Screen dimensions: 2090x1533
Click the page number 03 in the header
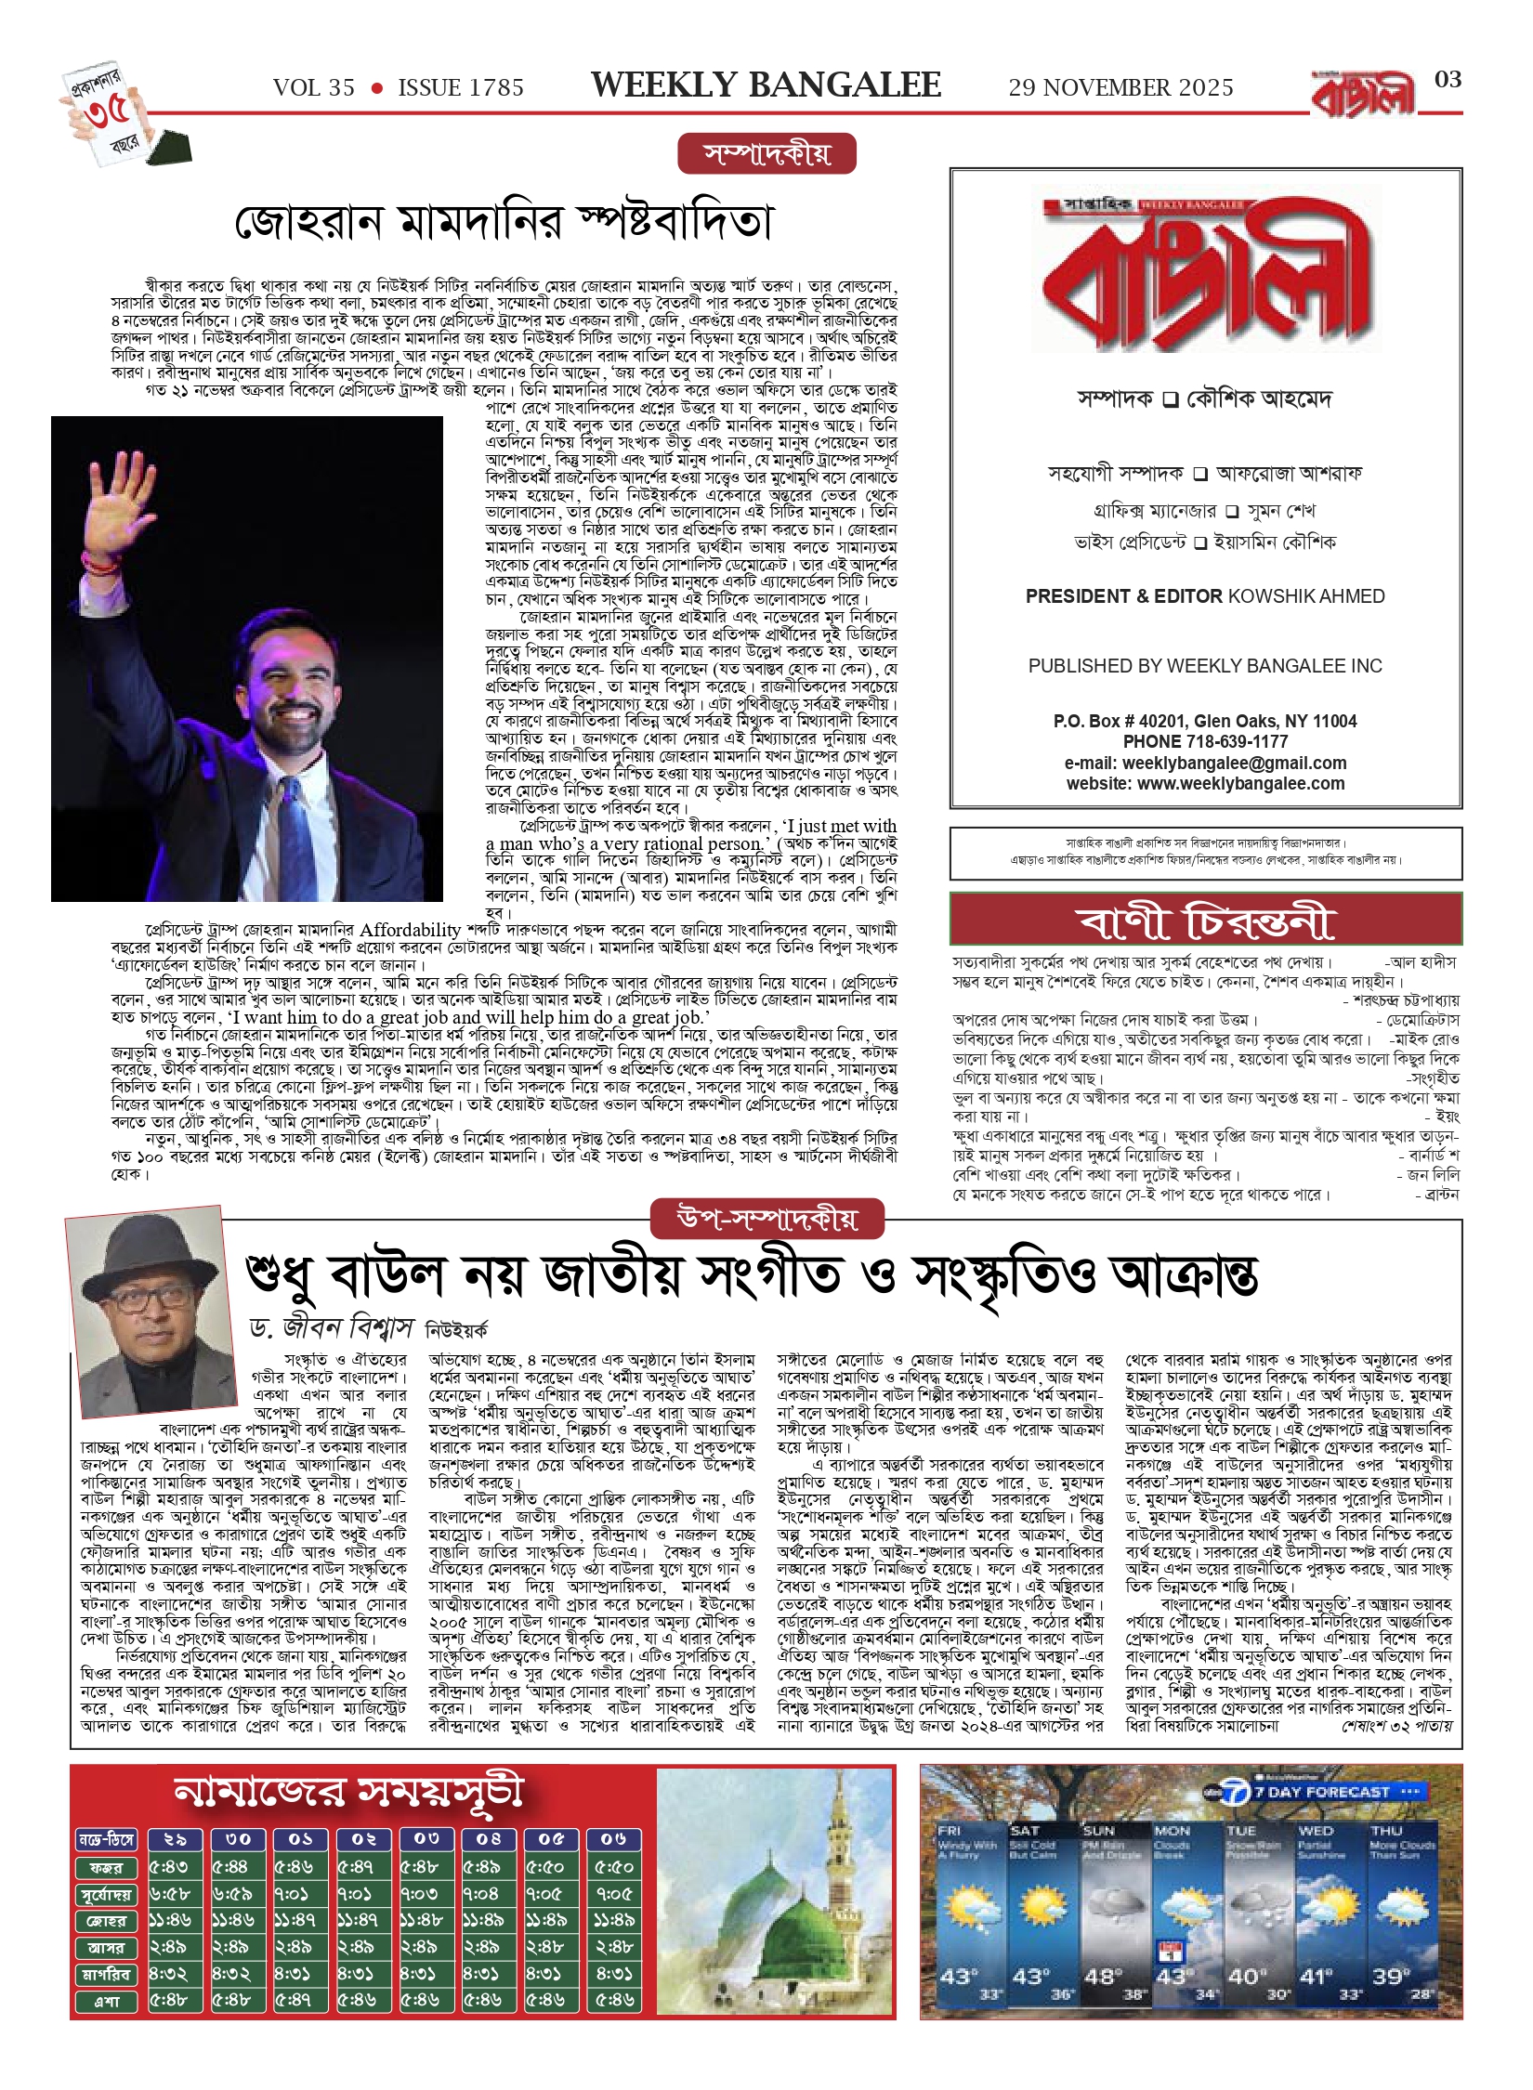click(1448, 80)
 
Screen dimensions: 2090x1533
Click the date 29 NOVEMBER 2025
click(1120, 88)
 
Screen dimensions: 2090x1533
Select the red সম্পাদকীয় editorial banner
click(766, 154)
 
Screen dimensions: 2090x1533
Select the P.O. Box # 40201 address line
click(1204, 722)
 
